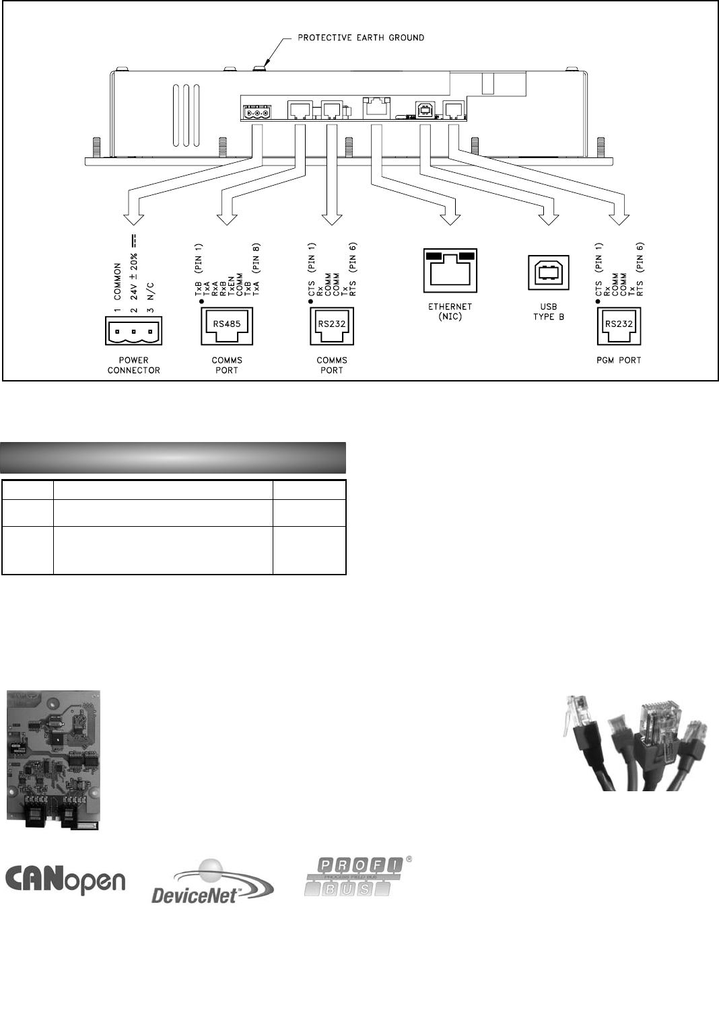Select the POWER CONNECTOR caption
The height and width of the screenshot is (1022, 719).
(133, 365)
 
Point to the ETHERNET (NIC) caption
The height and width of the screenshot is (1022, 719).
(450, 312)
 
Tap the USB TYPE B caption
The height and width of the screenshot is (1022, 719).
(549, 312)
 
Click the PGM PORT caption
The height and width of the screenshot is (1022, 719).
(619, 361)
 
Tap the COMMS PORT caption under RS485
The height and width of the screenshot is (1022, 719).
(226, 365)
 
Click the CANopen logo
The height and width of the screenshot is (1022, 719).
(66, 878)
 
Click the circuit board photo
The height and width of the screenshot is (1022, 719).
(54, 760)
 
